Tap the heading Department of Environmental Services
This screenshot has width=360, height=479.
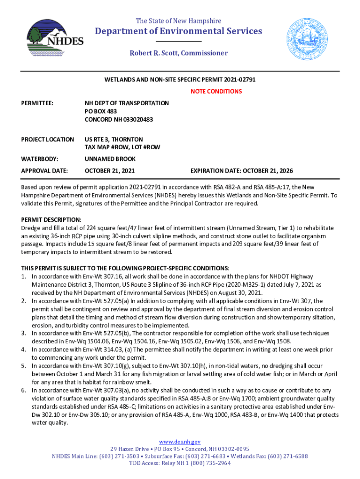[179, 31]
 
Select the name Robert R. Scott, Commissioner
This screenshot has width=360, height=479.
[179, 53]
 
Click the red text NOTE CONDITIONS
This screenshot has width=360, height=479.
[216, 91]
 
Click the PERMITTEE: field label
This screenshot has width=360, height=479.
[37, 103]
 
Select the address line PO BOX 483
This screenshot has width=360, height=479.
[101, 111]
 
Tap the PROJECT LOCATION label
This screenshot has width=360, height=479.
[48, 139]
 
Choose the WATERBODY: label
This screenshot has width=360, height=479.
[40, 159]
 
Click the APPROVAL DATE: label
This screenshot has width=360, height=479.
[45, 171]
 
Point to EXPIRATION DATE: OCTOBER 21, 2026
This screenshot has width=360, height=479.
[241, 171]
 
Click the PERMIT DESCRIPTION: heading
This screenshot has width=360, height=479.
[51, 219]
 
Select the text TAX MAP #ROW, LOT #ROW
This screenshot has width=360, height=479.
[122, 147]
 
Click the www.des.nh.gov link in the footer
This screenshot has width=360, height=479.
[180, 442]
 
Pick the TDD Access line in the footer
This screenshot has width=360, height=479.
[180, 463]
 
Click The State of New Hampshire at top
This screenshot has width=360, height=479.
[179, 21]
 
